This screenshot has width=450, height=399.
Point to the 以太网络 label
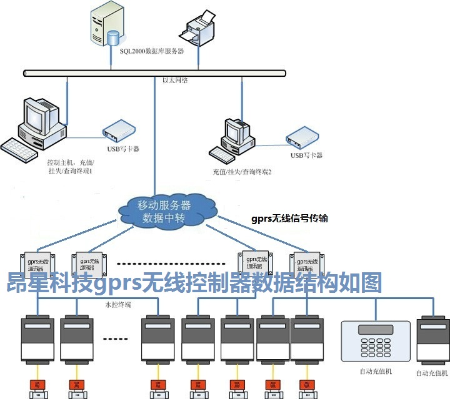pyautogui.click(x=176, y=81)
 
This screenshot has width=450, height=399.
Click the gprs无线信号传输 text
pyautogui.click(x=289, y=219)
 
